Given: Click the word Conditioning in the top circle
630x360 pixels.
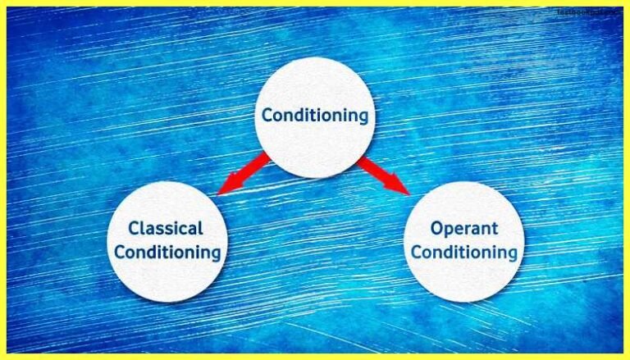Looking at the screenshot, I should pos(315,116).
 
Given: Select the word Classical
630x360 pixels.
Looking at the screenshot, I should pos(166,228).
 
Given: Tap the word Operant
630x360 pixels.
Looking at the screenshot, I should pos(464,228).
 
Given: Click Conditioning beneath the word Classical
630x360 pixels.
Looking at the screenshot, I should pos(167,252).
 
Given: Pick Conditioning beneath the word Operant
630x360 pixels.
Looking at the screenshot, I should pos(464,252).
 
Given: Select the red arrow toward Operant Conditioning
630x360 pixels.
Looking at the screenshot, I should pos(383,175).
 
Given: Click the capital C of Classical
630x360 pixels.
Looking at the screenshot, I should pos(134,228).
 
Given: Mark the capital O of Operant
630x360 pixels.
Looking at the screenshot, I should pos(436,227).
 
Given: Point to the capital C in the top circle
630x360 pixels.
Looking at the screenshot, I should pos(267,116).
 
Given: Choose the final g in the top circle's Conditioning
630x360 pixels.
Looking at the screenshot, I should pos(363,118).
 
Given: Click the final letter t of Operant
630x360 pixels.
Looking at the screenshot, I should pos(493,228).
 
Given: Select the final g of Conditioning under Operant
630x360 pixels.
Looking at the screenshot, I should pos(512,254).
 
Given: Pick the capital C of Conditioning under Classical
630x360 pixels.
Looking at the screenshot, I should pos(119,252).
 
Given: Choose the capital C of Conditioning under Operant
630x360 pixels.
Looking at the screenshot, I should pos(416,252).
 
